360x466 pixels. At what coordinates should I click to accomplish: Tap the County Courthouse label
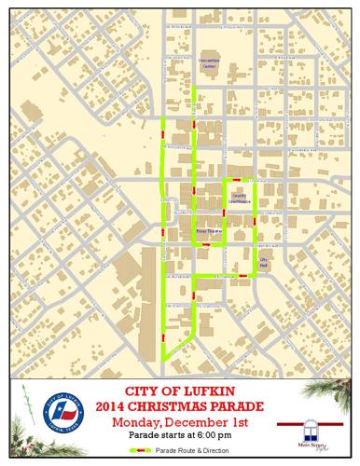click(241, 197)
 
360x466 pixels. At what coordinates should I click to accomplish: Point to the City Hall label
click(263, 264)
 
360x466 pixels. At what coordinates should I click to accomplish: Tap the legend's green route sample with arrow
click(141, 450)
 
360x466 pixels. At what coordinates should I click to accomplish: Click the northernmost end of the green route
click(192, 96)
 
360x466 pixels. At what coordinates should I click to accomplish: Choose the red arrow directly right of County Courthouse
click(256, 222)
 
